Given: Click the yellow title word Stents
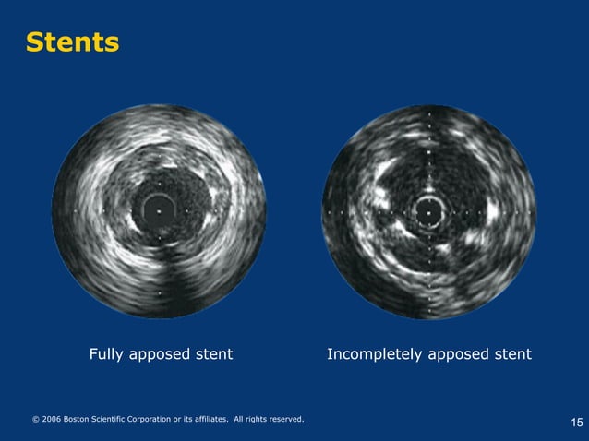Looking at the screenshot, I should click(72, 42).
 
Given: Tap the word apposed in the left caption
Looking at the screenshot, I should click(162, 355).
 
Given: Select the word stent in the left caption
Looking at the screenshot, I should click(213, 354).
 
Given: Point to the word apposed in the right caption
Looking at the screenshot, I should click(459, 355).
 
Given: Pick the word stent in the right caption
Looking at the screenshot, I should click(512, 354).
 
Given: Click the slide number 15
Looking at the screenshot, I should click(577, 423).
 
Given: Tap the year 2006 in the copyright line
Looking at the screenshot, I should click(53, 420).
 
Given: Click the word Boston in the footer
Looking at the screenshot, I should click(81, 420).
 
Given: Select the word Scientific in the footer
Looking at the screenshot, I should click(119, 420).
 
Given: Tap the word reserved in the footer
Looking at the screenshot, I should click(284, 420).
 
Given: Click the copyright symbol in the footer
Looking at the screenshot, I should click(36, 420).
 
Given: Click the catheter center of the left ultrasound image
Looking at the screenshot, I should click(159, 211).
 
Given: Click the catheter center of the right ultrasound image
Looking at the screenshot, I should click(428, 212).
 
